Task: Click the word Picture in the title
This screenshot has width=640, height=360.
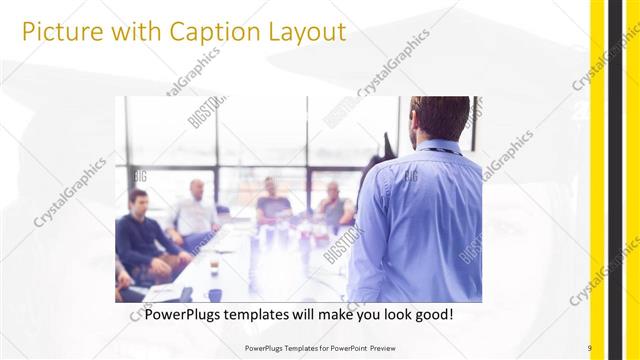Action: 59,32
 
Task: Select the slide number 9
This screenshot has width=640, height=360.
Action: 589,348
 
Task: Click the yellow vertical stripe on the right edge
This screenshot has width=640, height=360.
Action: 597,180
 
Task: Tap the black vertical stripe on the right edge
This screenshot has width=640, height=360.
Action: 614,180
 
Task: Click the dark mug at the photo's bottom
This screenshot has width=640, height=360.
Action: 214,295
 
